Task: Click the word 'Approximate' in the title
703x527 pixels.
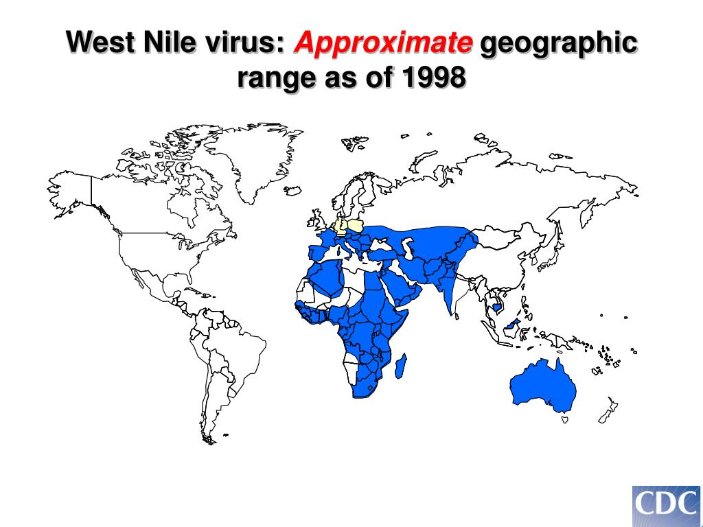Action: point(383,44)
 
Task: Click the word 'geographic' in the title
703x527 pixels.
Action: point(558,44)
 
